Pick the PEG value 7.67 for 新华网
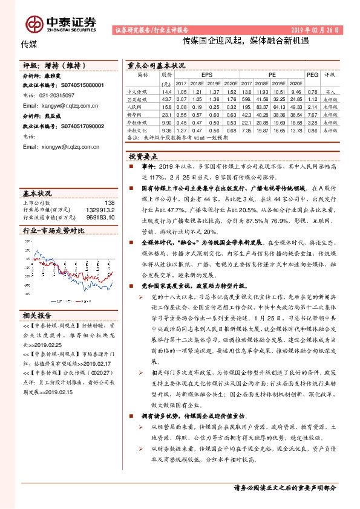[312, 113]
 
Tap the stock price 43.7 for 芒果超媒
[167, 98]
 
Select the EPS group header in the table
[206, 74]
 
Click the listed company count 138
[110, 203]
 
